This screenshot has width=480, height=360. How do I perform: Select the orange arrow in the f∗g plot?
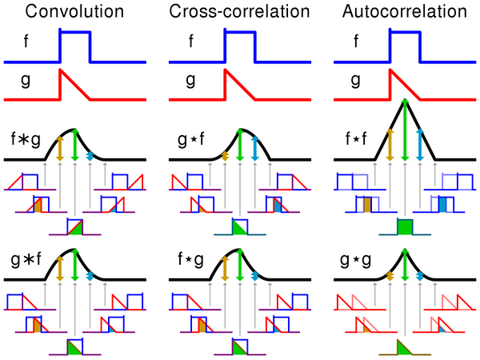pos(59,148)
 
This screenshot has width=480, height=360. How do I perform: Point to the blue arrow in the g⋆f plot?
pos(254,148)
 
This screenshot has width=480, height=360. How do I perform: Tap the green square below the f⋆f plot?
pos(405,226)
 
